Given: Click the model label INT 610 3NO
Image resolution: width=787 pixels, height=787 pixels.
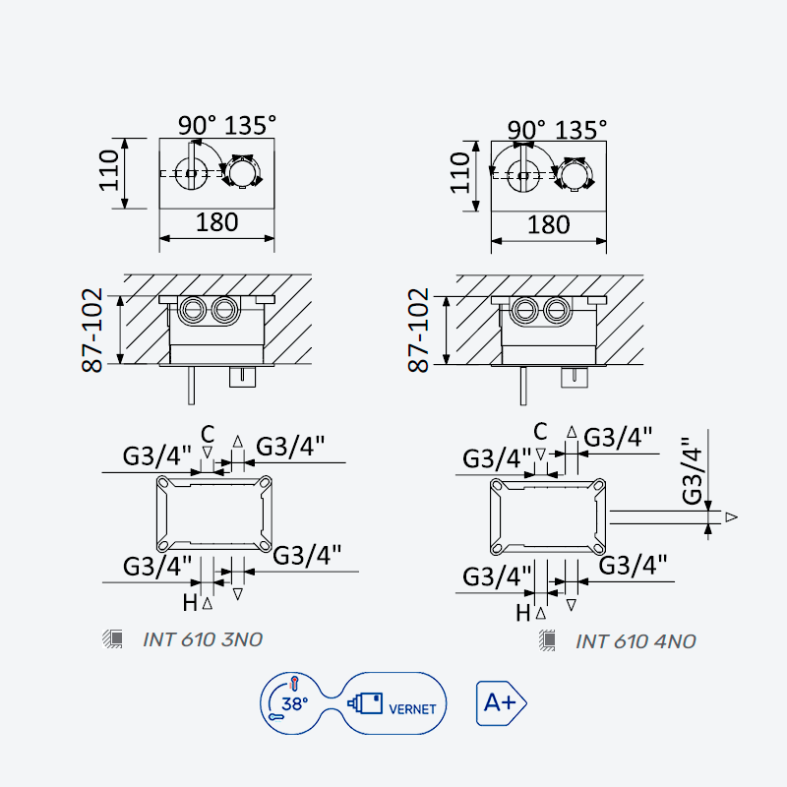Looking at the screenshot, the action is (x=203, y=639).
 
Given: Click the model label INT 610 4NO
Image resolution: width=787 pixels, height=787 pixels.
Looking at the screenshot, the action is (x=636, y=641).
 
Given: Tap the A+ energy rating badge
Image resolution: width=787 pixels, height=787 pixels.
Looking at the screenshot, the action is (x=501, y=703).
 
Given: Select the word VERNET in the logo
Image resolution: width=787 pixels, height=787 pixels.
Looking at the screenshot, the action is (x=412, y=708).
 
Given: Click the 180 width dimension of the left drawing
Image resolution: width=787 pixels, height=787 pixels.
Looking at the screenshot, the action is (x=216, y=222).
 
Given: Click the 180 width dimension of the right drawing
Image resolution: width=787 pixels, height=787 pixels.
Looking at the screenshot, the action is (x=548, y=224).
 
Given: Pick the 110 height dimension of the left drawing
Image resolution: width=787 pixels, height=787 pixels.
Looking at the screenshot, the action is (x=109, y=170).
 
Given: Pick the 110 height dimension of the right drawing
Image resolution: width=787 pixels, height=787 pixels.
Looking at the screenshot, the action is (x=459, y=173).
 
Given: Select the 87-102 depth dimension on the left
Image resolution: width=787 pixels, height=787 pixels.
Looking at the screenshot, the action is (x=92, y=330).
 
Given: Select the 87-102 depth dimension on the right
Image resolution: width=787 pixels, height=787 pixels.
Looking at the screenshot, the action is (x=419, y=330).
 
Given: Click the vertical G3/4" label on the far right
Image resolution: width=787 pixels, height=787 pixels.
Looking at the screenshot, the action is (x=693, y=471).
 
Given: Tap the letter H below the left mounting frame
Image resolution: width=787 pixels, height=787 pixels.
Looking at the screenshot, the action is (x=190, y=603).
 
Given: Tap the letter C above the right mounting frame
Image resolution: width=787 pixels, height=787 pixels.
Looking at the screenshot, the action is (x=540, y=431).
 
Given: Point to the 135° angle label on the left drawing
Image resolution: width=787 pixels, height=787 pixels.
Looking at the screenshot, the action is (x=250, y=126).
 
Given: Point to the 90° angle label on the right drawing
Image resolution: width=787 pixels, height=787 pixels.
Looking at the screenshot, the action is (x=526, y=130).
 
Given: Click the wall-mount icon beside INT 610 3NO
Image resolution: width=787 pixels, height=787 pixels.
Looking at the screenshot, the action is (x=112, y=638).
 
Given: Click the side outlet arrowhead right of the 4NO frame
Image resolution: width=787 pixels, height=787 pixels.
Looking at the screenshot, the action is (x=731, y=517).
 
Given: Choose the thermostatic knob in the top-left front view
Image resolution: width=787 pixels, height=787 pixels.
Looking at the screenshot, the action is (x=242, y=171).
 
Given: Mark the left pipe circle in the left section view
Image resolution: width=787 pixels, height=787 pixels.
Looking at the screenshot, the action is (x=193, y=310).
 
